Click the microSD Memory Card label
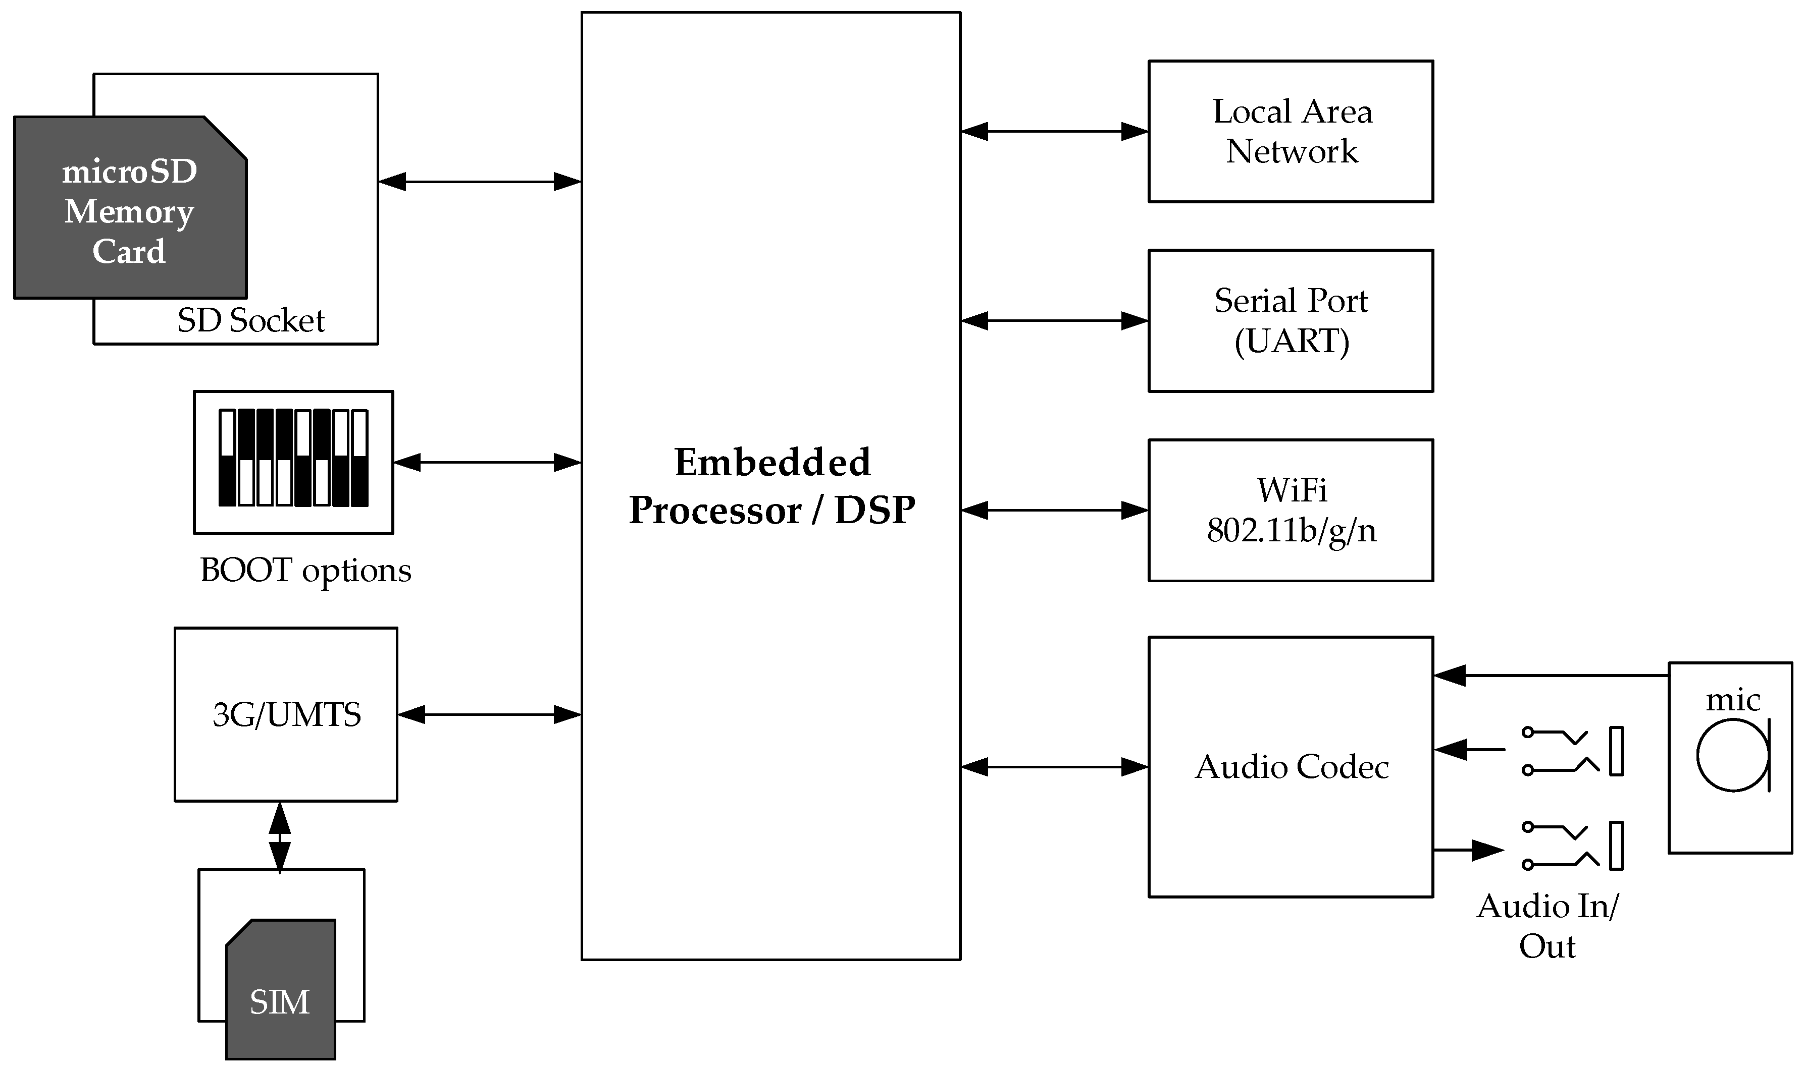tap(130, 211)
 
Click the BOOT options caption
tap(305, 571)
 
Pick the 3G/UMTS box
tap(285, 715)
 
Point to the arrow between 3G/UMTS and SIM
tap(279, 838)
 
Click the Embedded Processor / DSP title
tap(771, 486)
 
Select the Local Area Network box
tap(1291, 132)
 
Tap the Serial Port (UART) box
tap(1291, 321)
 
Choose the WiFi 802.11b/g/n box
tap(1291, 510)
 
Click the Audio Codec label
tap(1291, 767)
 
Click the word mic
tap(1733, 700)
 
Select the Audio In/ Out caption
tap(1547, 926)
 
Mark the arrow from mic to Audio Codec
tap(1549, 676)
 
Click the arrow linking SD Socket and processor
tap(480, 182)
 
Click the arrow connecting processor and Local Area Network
tap(1054, 132)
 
